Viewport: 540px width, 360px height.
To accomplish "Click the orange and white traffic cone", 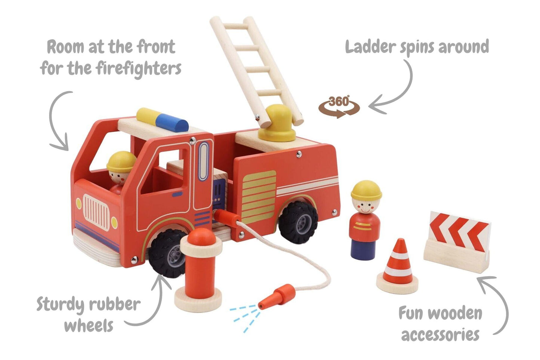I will [x=398, y=268].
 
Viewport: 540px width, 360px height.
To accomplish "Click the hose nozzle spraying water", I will [x=277, y=296].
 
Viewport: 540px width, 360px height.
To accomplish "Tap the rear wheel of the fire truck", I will [x=298, y=222].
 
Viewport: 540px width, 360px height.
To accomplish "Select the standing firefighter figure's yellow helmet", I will [x=366, y=190].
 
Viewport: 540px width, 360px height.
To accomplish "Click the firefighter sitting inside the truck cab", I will [x=120, y=170].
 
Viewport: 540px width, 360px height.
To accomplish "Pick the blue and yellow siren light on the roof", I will [x=163, y=120].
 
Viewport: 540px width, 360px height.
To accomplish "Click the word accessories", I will [x=440, y=334].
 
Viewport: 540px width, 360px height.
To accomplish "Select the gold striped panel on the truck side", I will [x=259, y=196].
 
